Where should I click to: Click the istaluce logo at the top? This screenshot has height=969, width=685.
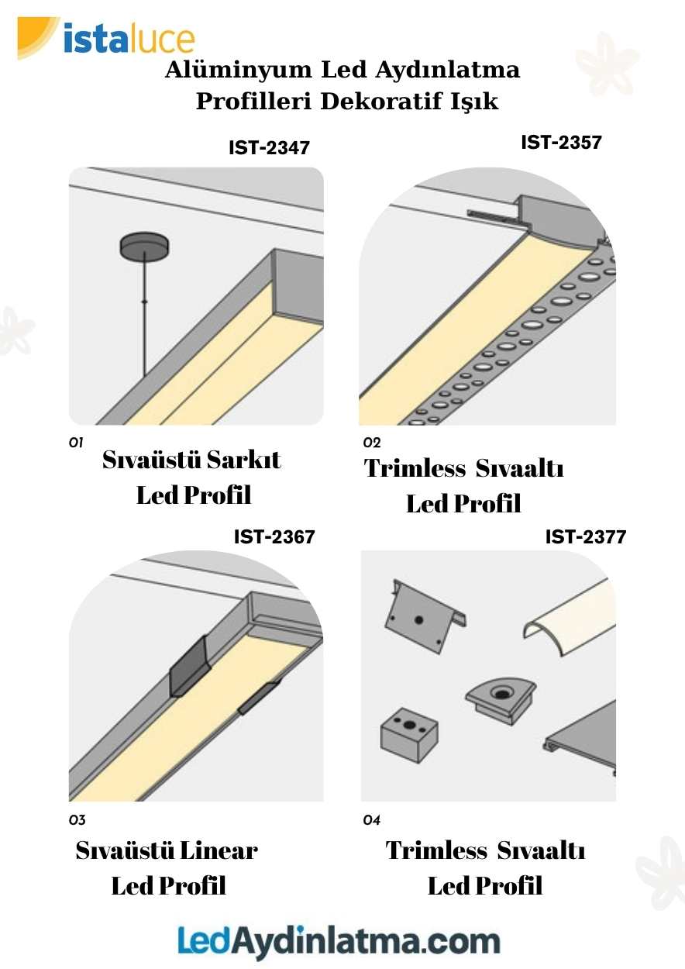108,39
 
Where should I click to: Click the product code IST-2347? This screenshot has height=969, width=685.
269,147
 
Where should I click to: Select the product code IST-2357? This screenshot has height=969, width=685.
561,143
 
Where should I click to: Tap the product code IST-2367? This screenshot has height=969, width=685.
274,536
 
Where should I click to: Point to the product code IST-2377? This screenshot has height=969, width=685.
586,536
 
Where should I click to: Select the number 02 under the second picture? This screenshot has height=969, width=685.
372,443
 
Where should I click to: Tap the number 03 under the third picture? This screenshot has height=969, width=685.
77,820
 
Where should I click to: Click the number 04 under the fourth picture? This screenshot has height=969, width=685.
372,820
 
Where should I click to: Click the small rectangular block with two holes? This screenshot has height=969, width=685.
409,733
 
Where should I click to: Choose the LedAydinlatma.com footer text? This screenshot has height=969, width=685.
339,941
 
